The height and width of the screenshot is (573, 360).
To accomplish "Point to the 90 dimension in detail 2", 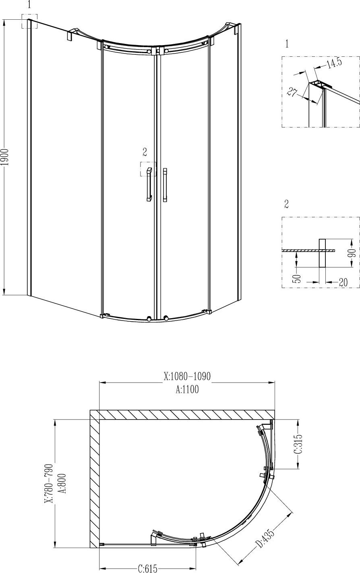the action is [353, 254].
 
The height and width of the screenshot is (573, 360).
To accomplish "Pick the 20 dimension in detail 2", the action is [343, 282].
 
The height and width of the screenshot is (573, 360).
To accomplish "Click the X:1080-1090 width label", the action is [187, 376].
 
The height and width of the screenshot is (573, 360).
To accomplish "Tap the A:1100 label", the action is [187, 389].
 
